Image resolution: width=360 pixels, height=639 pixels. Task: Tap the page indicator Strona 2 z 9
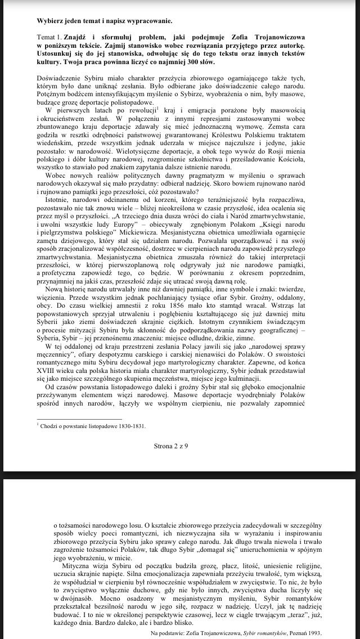pyautogui.click(x=179, y=445)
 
